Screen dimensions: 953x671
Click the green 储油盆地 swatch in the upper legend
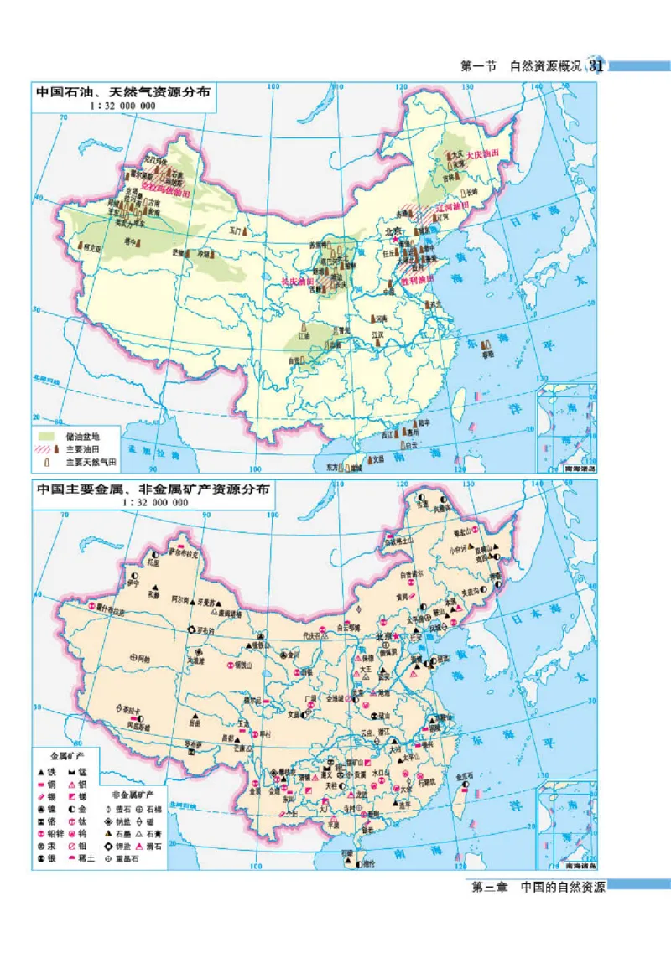tap(46, 436)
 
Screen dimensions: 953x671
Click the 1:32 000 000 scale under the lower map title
tap(155, 502)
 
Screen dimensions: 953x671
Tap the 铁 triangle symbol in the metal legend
tap(42, 769)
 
